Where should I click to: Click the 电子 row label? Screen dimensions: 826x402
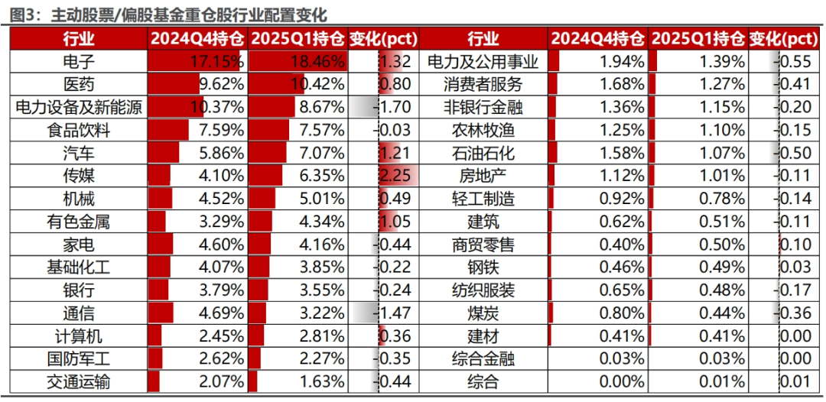click(79, 63)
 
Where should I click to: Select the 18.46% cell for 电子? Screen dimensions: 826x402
click(318, 63)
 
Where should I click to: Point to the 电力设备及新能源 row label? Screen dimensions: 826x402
click(79, 108)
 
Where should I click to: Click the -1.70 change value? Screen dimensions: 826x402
click(392, 108)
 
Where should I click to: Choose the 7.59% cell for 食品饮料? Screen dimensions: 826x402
click(220, 131)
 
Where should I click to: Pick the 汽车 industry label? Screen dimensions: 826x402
click(79, 153)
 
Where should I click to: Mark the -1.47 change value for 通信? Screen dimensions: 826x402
click(392, 313)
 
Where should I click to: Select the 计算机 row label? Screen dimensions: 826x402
click(79, 336)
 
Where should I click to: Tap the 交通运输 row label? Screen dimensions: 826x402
click(79, 381)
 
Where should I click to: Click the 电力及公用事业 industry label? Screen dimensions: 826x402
click(483, 63)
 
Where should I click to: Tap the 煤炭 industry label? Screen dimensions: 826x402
click(483, 313)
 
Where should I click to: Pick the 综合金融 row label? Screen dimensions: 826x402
click(483, 358)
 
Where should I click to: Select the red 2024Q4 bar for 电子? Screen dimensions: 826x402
click(193, 63)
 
